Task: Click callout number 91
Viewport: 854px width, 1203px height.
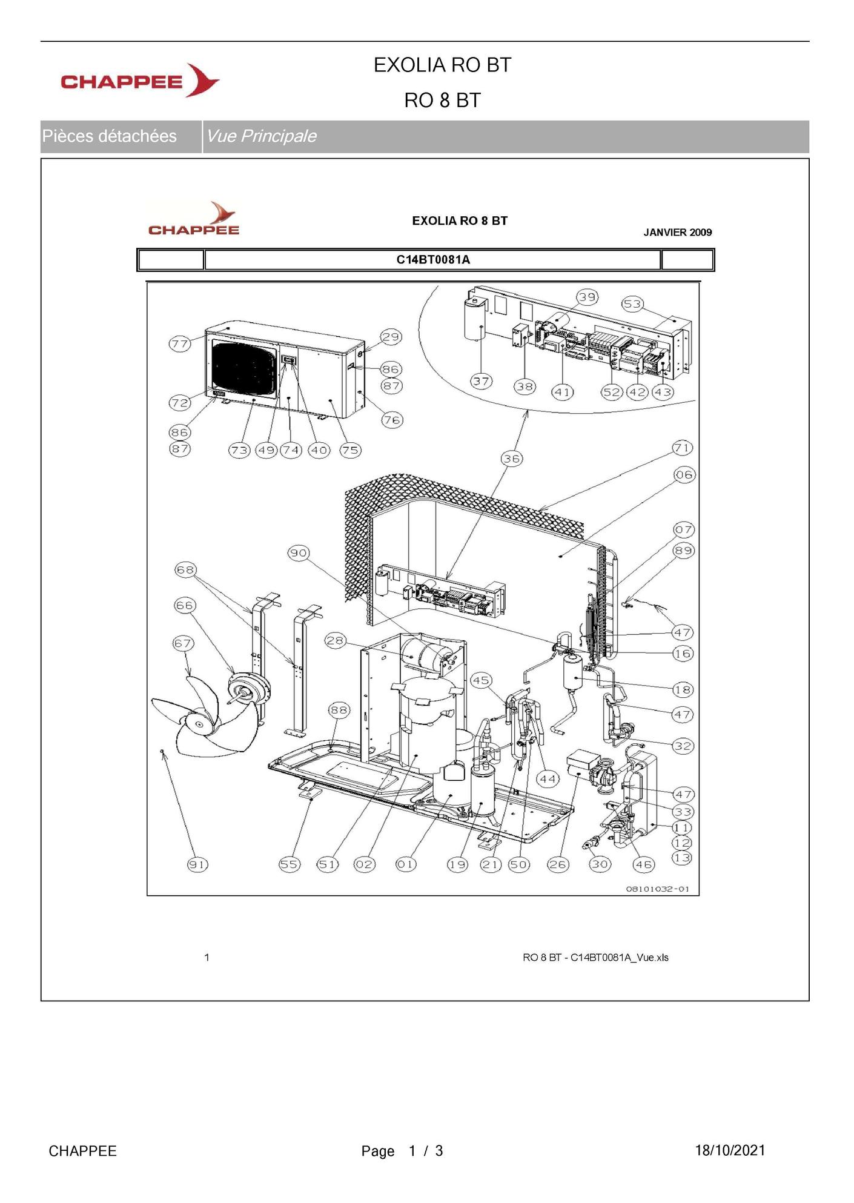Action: (197, 864)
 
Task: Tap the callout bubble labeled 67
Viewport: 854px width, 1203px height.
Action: (183, 643)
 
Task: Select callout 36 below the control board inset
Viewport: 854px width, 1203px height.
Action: (512, 459)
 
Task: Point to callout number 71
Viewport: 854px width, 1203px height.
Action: (683, 448)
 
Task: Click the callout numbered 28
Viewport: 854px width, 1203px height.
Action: (335, 640)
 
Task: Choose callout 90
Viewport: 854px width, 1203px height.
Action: (299, 553)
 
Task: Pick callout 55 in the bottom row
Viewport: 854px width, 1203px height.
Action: (289, 864)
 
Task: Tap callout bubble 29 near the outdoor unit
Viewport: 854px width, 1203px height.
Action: (391, 337)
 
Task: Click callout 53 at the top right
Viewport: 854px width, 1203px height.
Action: (632, 304)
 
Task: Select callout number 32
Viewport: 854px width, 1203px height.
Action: (683, 746)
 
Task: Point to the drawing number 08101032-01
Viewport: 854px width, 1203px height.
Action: (658, 889)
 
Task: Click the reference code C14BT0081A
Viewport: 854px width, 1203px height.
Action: (433, 260)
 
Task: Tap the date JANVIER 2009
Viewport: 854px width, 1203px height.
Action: (678, 233)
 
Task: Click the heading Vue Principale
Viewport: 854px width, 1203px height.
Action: (262, 136)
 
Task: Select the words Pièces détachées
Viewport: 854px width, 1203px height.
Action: (109, 136)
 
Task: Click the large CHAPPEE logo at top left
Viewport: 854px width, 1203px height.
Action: (140, 81)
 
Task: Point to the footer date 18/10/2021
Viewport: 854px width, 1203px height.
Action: (730, 1151)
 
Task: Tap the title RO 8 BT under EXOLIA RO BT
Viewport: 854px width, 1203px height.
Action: (443, 101)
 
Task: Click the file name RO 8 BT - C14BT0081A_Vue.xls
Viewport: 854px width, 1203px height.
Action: (595, 958)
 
